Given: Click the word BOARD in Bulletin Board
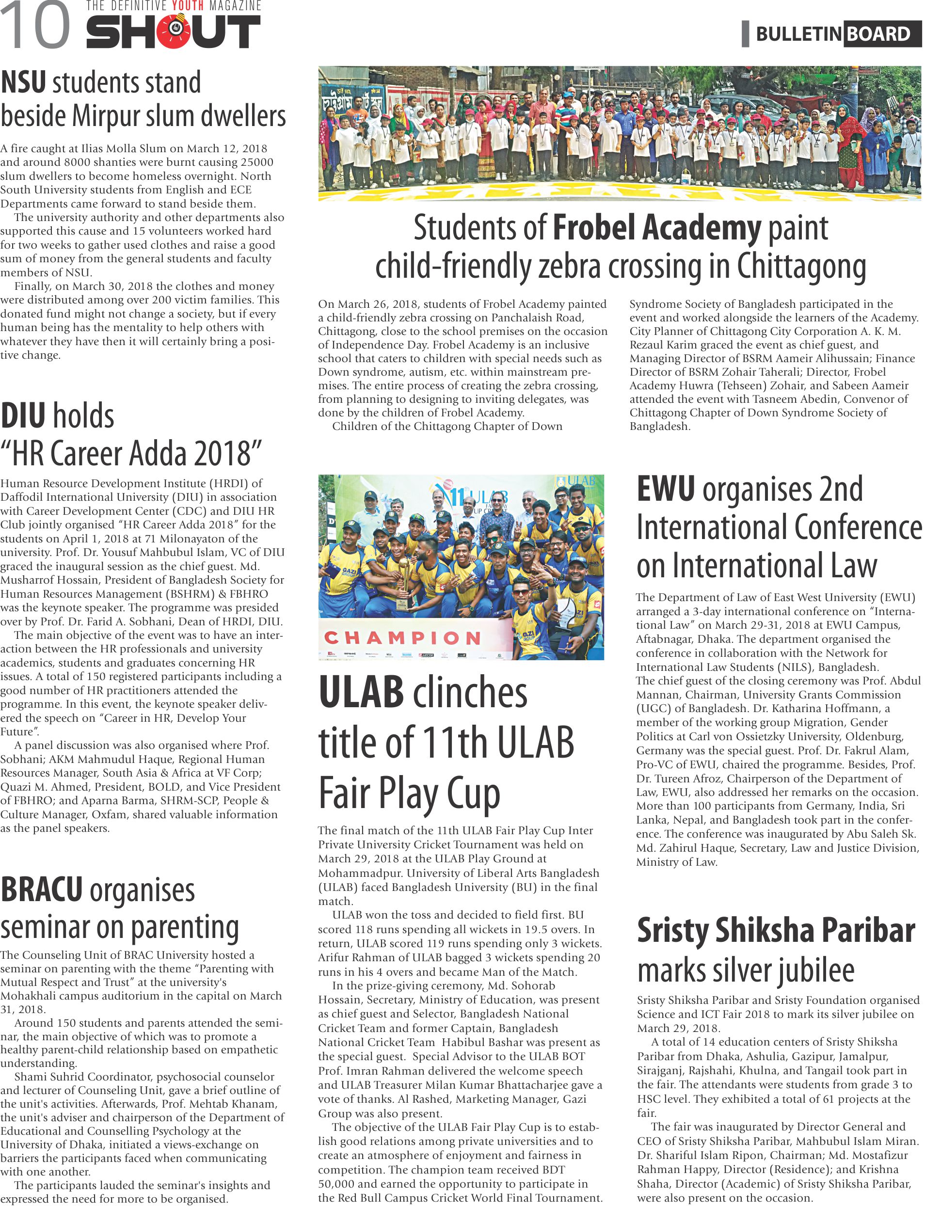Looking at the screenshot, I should pos(879,34).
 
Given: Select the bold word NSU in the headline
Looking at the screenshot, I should pos(23,82).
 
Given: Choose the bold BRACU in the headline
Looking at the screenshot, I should pos(41,890).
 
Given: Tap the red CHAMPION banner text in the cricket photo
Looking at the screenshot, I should pos(402,637).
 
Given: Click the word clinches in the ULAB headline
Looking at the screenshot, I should pos(470,693).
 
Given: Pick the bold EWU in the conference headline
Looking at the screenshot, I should pos(665,489).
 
